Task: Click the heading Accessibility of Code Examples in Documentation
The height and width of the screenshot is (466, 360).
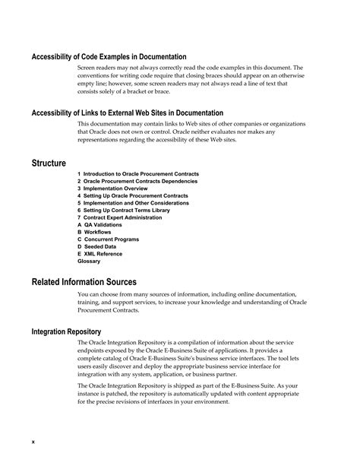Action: (x=109, y=57)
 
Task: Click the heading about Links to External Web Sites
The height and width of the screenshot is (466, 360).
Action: (x=122, y=113)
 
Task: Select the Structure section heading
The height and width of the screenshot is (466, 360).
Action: (x=49, y=163)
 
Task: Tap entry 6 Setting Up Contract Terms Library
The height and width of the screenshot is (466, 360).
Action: (x=124, y=211)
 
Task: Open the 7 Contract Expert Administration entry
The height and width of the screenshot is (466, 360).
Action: (x=119, y=217)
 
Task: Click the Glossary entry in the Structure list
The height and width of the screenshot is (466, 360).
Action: (x=89, y=261)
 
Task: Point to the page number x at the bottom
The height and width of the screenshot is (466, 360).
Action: (x=33, y=441)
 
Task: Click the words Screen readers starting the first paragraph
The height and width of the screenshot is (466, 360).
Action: (x=93, y=68)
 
